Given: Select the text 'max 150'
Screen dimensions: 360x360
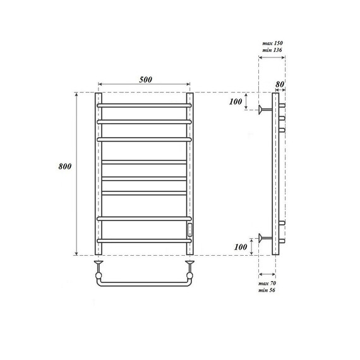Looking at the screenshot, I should pyautogui.click(x=272, y=43).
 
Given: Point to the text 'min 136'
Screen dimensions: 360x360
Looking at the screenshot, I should pyautogui.click(x=272, y=51).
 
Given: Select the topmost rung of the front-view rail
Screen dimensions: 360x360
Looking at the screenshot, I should pyautogui.click(x=145, y=104).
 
